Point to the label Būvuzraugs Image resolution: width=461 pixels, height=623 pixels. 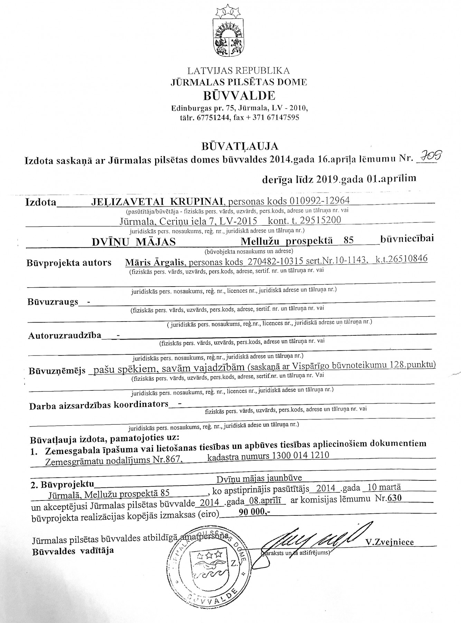[x=53, y=301]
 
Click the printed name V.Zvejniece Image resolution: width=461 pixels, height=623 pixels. [x=391, y=542]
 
